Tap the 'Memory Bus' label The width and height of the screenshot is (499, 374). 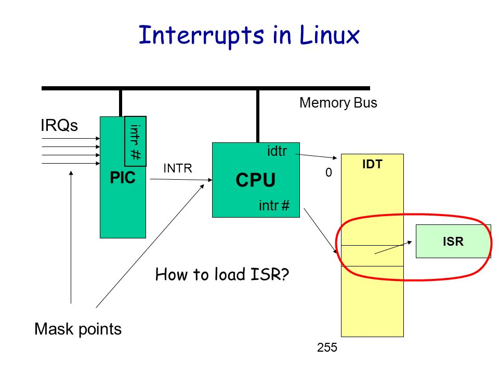point(338,103)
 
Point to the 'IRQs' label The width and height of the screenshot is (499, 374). point(59,126)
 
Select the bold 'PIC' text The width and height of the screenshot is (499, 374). point(122,178)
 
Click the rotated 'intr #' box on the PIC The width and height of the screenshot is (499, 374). point(136,140)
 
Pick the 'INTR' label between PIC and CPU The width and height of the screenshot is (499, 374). point(178,168)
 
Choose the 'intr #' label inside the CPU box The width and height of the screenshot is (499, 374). point(274,206)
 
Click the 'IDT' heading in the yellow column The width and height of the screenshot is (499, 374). point(372,164)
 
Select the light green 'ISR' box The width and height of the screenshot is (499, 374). point(453,241)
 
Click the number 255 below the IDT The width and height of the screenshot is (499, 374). point(327,348)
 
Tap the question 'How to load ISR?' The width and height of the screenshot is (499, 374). point(221,274)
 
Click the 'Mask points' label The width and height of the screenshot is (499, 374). point(78,329)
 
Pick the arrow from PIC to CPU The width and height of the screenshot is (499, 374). point(179,180)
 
